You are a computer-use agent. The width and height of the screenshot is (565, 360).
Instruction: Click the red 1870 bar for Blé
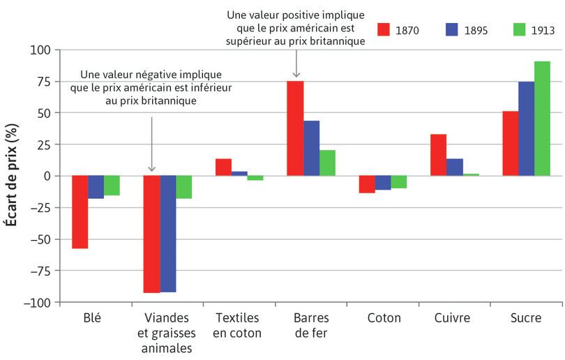click(x=80, y=212)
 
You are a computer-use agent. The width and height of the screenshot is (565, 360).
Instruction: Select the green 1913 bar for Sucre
click(x=542, y=119)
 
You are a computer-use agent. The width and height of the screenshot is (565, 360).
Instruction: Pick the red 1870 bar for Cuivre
click(x=439, y=155)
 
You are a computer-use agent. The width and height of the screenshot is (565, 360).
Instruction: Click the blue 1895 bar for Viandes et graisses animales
click(x=168, y=234)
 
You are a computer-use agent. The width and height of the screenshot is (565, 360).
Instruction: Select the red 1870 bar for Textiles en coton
click(x=223, y=167)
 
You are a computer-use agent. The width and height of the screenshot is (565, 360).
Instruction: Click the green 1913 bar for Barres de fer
click(x=328, y=163)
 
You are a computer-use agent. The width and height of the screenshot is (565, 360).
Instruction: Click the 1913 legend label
click(x=542, y=31)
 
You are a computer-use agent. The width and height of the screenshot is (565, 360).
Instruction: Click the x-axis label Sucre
click(x=525, y=318)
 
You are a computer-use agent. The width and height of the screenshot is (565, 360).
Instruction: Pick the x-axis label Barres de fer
click(x=311, y=325)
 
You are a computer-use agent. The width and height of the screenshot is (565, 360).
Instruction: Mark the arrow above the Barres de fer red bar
click(x=296, y=64)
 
